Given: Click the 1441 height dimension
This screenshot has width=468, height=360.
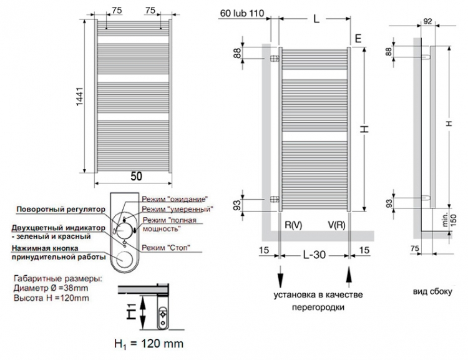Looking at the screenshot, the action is coord(80,97).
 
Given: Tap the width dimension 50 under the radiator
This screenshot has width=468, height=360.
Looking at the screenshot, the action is coord(136,176).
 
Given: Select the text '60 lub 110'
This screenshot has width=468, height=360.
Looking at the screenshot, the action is coord(242,13).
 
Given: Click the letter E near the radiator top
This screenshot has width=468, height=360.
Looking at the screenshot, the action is coord(358,39).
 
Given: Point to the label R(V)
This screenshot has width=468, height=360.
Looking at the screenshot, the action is coord(293,225).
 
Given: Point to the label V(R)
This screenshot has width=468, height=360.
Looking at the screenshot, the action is coord(336,225).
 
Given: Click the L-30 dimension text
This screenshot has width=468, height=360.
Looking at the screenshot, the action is coord(314,255).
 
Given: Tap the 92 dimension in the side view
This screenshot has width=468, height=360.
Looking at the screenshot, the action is coord(427,21).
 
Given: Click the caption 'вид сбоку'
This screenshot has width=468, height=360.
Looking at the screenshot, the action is coord(432,291).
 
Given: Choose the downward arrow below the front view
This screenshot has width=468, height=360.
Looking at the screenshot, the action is coord(280,277).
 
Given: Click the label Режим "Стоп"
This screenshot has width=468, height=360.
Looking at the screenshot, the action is coord(166,248).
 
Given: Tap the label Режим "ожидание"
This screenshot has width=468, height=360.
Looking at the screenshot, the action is coord(175,199).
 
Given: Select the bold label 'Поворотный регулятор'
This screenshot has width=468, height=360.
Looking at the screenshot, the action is coord(61,209).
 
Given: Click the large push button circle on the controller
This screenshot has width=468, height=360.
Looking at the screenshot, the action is coord(124,260).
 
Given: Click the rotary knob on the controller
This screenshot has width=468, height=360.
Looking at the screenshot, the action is coord(124,230).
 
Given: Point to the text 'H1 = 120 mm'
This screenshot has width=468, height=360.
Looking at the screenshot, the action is coord(149,344).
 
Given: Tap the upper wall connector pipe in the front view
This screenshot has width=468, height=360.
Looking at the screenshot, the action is coord(275,58).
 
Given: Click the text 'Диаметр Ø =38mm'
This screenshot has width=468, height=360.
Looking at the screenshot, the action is coord(51,288).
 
